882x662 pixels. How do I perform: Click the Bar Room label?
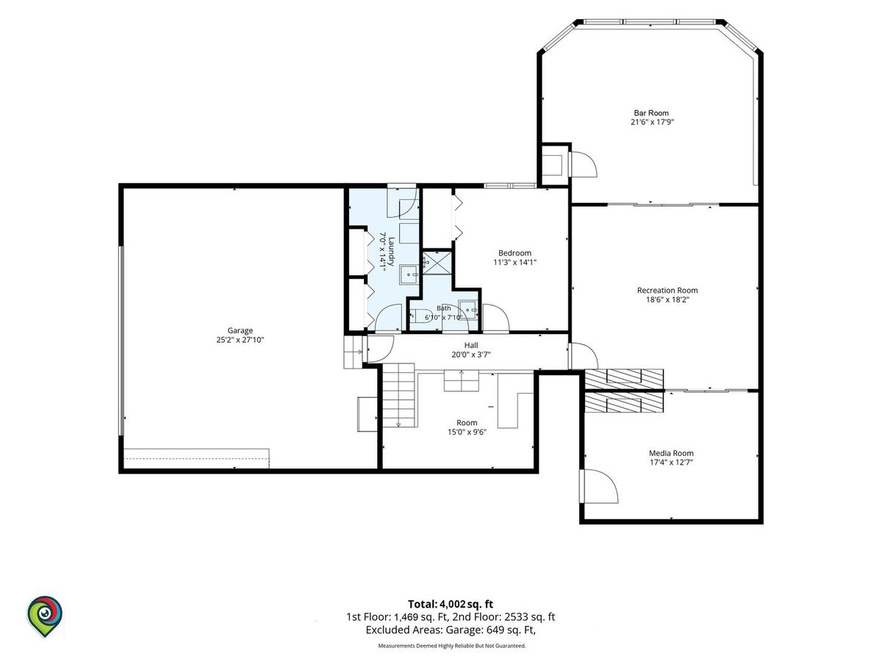pyautogui.click(x=651, y=113)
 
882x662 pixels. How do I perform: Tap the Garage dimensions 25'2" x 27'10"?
pyautogui.click(x=240, y=340)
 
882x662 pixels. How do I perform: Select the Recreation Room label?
pyautogui.click(x=667, y=291)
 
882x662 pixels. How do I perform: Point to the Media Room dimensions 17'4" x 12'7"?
pyautogui.click(x=672, y=462)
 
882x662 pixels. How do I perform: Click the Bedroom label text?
pyautogui.click(x=514, y=253)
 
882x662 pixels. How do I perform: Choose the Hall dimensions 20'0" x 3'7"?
pyautogui.click(x=471, y=355)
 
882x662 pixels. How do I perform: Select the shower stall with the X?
pyautogui.click(x=437, y=263)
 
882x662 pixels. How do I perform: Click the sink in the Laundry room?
pyautogui.click(x=409, y=275)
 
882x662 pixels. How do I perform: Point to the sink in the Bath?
pyautogui.click(x=467, y=310)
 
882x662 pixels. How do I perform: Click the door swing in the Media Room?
pyautogui.click(x=598, y=486)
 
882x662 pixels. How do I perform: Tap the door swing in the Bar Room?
pyautogui.click(x=583, y=164)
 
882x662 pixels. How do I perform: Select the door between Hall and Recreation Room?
pyautogui.click(x=583, y=356)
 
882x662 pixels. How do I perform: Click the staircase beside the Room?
pyautogui.click(x=398, y=395)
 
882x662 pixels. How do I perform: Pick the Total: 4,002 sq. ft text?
pyautogui.click(x=451, y=604)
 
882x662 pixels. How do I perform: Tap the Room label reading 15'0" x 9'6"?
pyautogui.click(x=467, y=432)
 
